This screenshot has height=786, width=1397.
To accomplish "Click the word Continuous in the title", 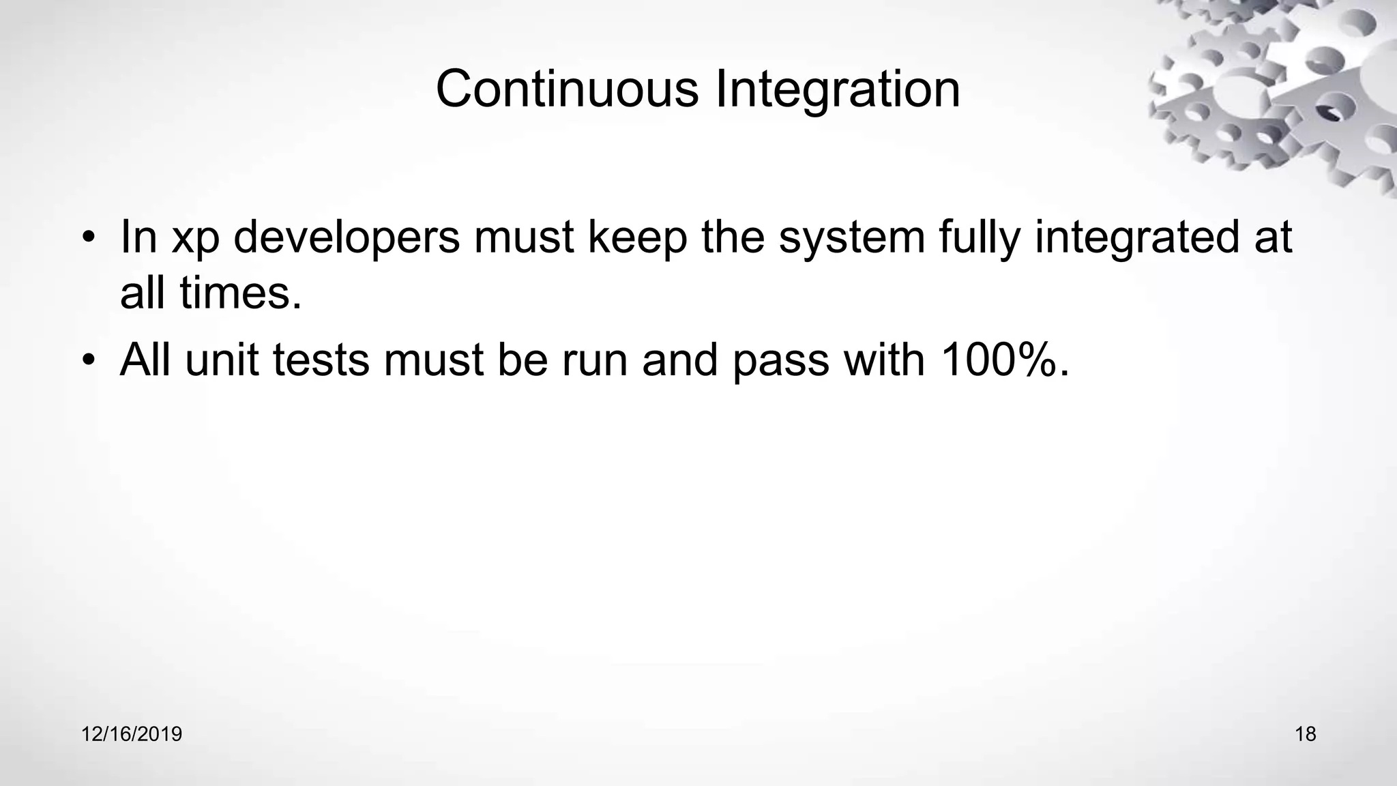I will click(567, 89).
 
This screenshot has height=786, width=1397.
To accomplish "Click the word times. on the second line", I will click(241, 293).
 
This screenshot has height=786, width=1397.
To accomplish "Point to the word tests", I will click(321, 360).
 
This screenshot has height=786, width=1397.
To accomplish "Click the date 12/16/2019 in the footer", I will click(132, 734).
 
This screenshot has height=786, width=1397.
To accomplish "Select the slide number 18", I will click(1305, 734).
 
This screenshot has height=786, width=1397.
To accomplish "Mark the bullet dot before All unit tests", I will click(87, 361).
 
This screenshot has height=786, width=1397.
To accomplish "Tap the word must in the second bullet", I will click(433, 360).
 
